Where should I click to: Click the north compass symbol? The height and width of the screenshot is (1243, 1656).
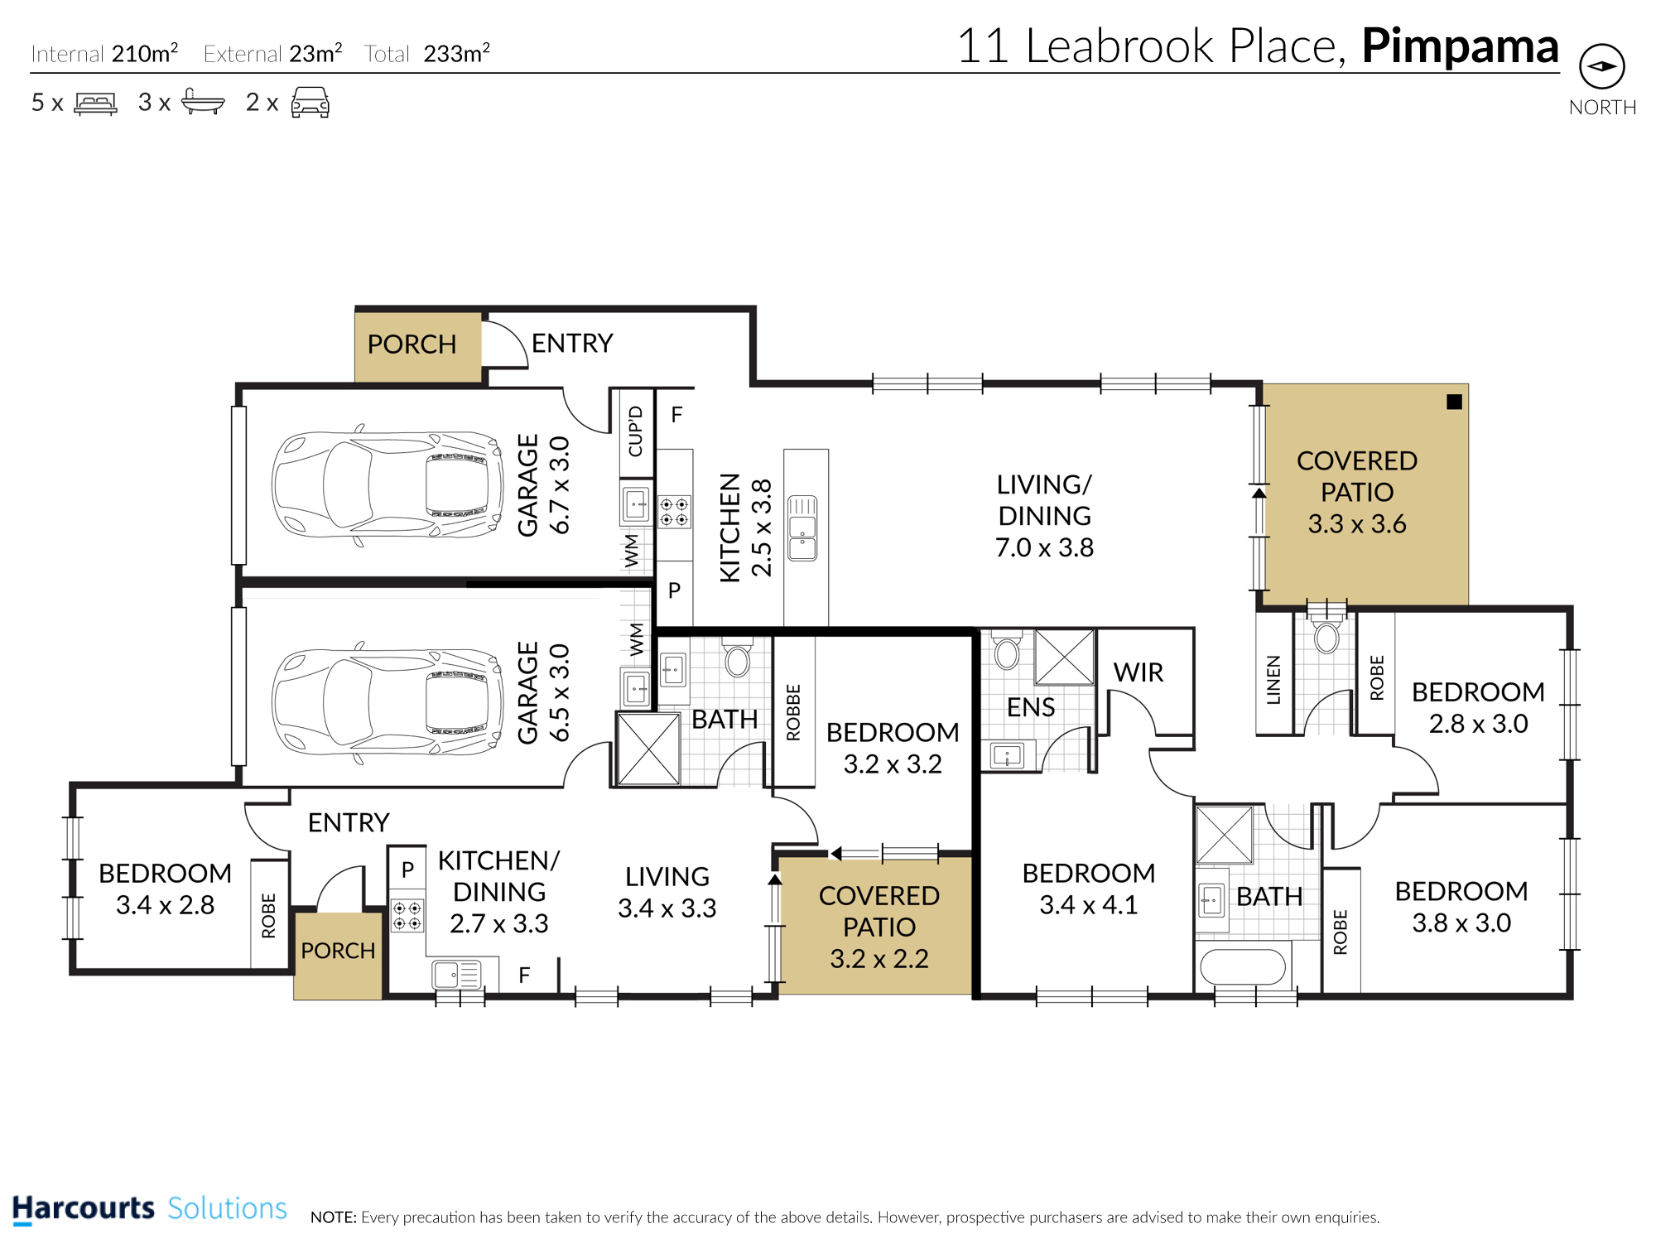point(1602,66)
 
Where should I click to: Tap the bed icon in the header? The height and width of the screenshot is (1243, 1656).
point(95,103)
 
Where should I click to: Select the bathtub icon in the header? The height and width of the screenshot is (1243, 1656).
point(203,101)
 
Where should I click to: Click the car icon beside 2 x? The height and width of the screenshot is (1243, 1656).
point(310,103)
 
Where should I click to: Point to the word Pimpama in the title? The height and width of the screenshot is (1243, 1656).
point(1461,47)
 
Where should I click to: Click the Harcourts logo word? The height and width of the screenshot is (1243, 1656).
point(84,1208)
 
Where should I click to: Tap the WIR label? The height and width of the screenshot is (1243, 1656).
point(1138,672)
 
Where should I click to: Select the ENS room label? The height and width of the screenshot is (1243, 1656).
point(1031,707)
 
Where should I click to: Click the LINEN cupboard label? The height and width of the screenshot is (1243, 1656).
point(1273,680)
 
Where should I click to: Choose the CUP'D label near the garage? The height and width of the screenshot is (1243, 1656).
point(636,431)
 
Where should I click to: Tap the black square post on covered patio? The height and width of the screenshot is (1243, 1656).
point(1454,402)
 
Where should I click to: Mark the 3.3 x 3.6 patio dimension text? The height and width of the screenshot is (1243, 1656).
point(1357,524)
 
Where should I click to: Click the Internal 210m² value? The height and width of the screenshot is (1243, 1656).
point(145,54)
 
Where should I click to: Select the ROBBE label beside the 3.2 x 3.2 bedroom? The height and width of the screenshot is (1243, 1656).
point(793,712)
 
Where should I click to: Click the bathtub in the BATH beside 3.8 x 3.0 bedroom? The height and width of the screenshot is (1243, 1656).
point(1243,966)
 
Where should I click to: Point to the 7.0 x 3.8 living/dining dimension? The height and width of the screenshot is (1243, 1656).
point(1045,547)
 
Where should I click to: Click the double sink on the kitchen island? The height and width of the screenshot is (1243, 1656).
point(802,528)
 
